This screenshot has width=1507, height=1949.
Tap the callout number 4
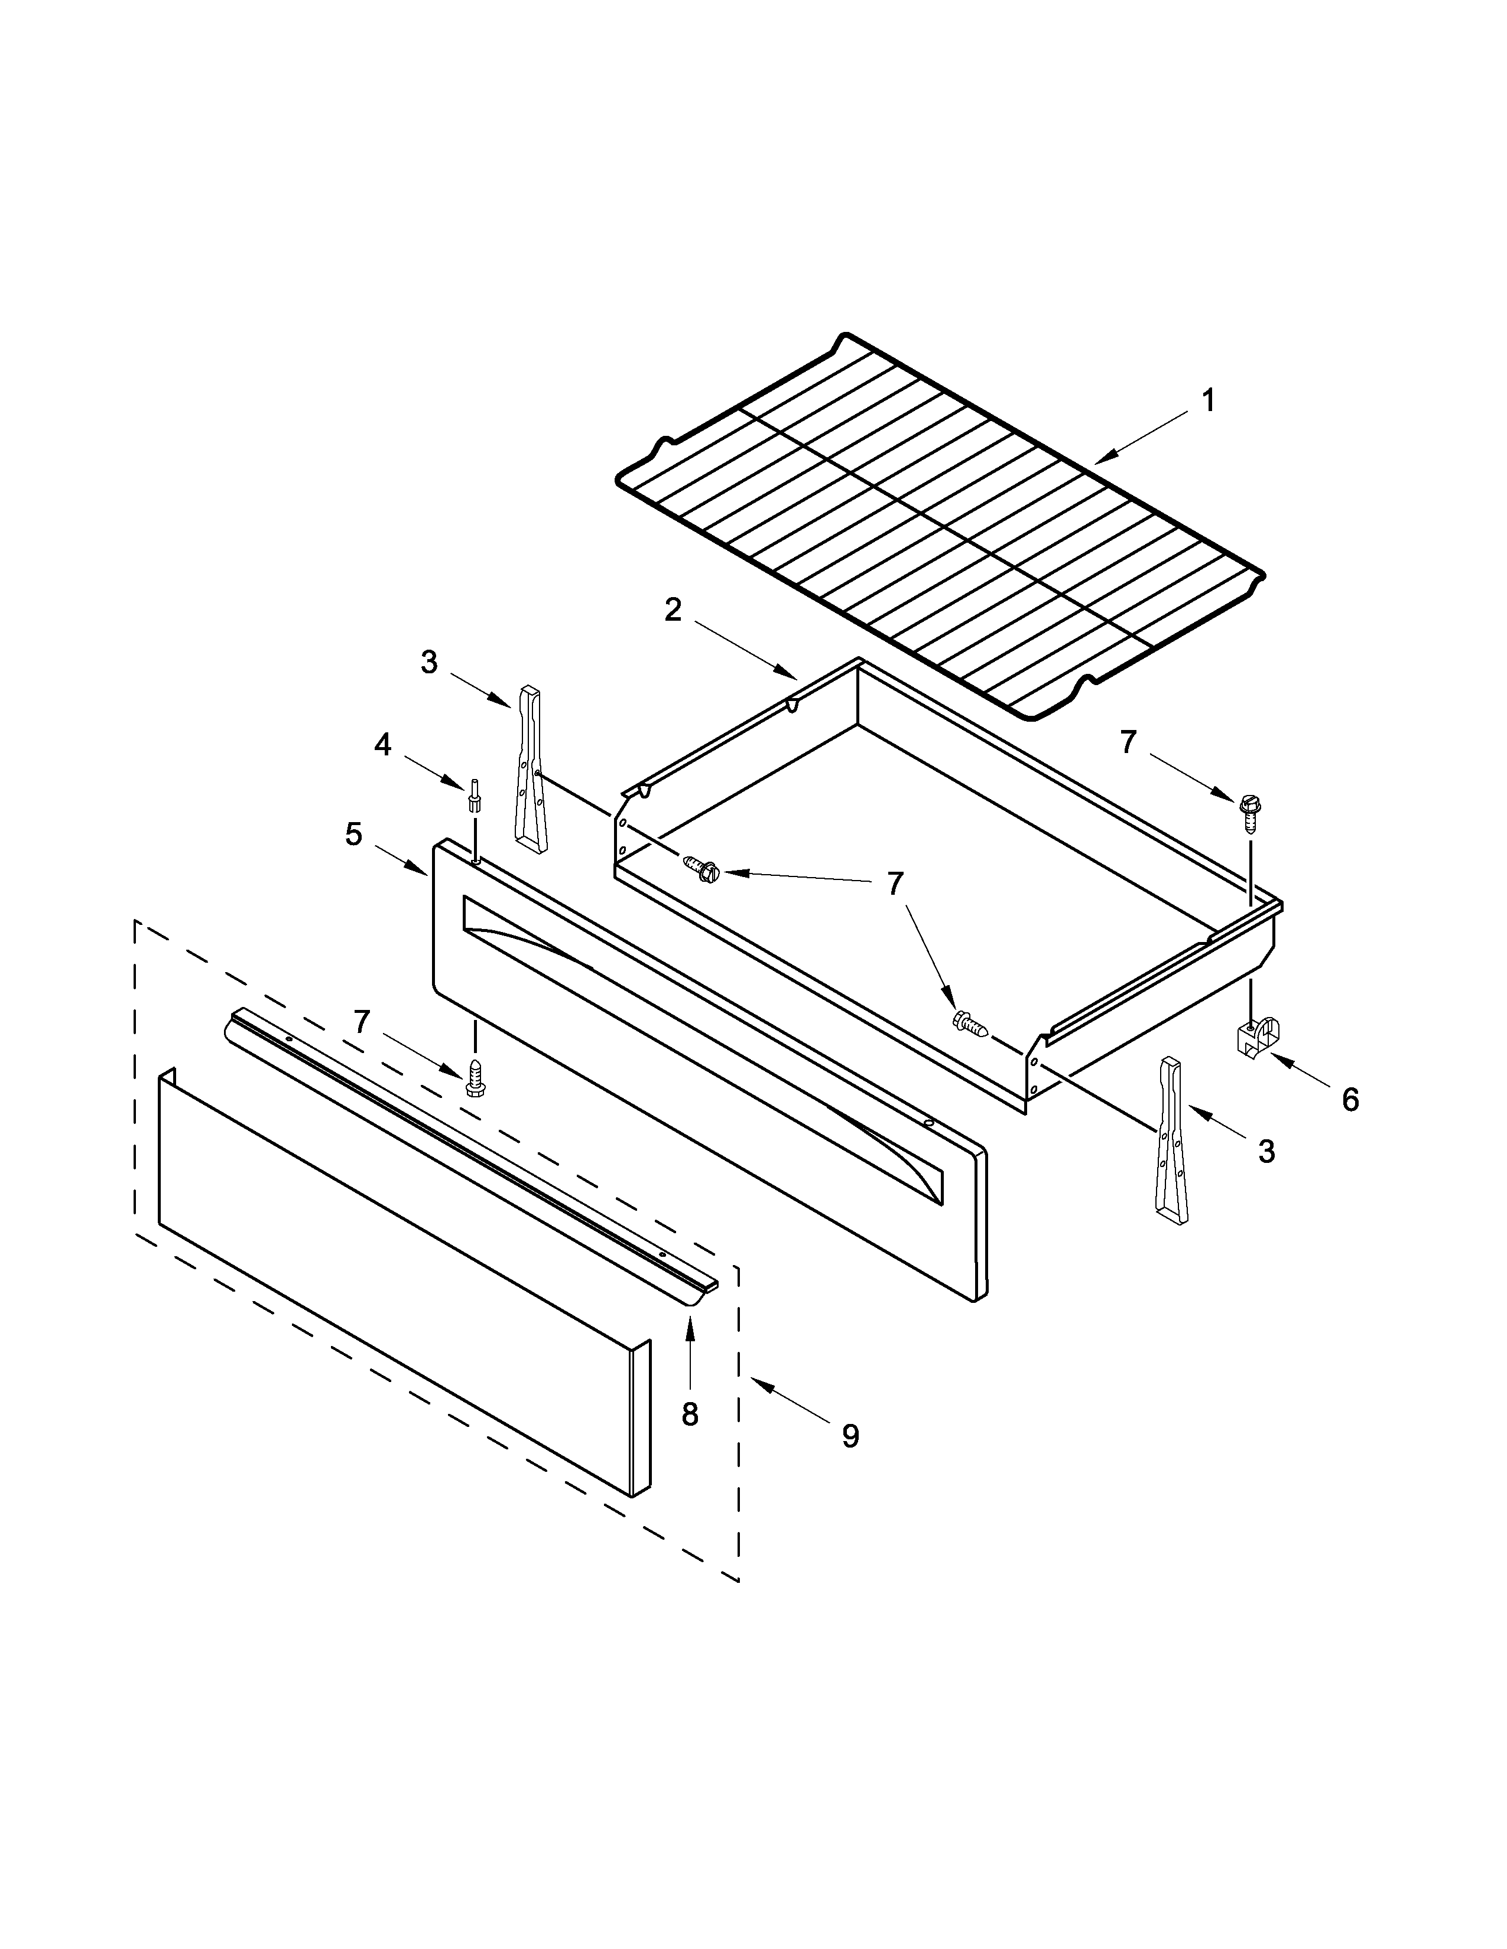(382, 744)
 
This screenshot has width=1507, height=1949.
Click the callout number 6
(1350, 1100)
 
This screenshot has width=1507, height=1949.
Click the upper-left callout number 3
(430, 662)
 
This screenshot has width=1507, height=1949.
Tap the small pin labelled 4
(473, 793)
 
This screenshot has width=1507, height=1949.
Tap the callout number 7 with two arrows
(895, 884)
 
